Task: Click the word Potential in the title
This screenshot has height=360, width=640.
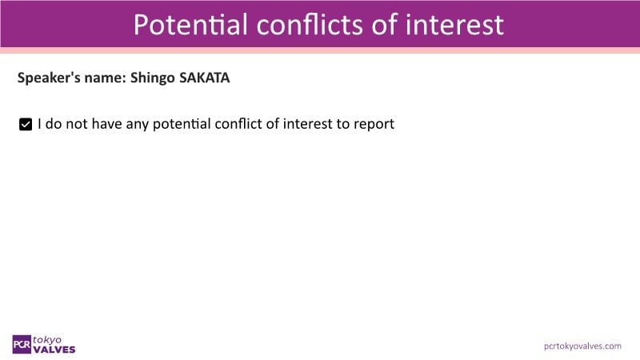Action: coord(190,25)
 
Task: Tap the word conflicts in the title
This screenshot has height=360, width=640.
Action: coord(310,25)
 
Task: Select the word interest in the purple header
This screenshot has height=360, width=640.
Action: coord(454,25)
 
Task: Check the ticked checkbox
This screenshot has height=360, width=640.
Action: coord(26,124)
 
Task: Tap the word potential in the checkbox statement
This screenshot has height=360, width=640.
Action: coord(182,124)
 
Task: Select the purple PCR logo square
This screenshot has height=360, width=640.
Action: coord(22,345)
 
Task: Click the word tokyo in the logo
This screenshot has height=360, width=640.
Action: coord(47,340)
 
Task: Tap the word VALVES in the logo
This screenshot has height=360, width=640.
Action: coord(54,350)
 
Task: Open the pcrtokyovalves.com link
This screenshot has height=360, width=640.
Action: coord(582,346)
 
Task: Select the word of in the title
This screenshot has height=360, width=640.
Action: coord(384,25)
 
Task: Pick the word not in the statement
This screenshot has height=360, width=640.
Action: coord(77,124)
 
